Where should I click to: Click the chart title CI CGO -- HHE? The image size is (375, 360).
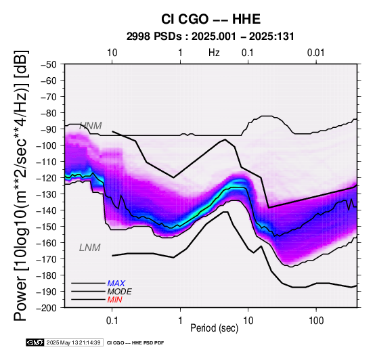[x=211, y=19]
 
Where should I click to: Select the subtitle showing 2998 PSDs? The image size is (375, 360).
[x=211, y=37]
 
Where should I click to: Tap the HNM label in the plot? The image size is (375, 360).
[x=91, y=126]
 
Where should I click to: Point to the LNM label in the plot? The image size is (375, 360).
[x=89, y=248]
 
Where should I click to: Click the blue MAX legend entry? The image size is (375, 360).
[x=116, y=284]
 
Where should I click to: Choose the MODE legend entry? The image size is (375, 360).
[x=119, y=292]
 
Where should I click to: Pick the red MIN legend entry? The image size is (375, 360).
[x=114, y=300]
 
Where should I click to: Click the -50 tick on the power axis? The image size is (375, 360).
[x=49, y=64]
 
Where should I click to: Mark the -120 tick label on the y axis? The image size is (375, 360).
[x=47, y=178]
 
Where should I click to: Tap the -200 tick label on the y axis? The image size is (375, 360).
[x=47, y=308]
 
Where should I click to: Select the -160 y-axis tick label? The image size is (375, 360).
[x=47, y=243]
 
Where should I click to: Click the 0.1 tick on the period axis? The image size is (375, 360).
[x=112, y=321]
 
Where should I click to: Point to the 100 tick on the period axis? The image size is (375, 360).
[x=316, y=321]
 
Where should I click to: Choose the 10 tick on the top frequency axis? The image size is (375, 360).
[x=112, y=53]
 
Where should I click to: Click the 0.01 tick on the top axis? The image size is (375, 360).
[x=316, y=53]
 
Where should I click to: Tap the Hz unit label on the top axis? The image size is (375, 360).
[x=214, y=53]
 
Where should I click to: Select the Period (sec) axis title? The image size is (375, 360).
[x=215, y=328]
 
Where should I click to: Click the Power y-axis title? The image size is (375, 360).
[x=21, y=185]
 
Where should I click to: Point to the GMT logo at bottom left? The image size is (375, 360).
[x=35, y=342]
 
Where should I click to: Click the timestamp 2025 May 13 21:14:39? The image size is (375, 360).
[x=73, y=342]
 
